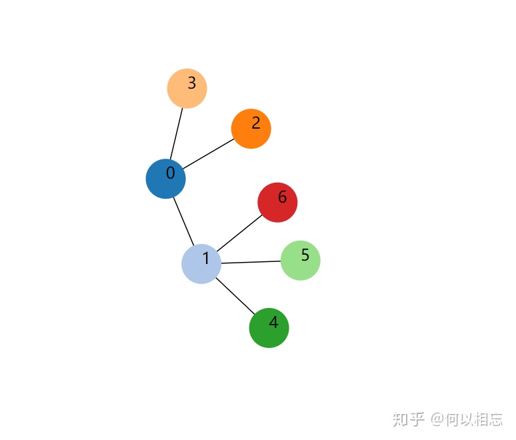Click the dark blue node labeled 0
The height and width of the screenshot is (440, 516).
pos(165,179)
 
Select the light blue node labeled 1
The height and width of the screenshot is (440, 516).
pos(201,264)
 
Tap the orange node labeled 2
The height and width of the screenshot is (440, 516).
pos(251,129)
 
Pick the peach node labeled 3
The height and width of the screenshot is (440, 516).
pos(187,88)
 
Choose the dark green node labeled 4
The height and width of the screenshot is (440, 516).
pos(269,328)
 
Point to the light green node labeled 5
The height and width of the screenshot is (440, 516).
pos(300,260)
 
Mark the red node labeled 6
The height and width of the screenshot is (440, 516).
pos(277,202)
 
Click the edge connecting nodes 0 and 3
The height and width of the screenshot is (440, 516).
pos(177,133)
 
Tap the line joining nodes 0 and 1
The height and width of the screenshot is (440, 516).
pos(183,221)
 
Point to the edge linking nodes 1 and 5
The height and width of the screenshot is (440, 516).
pos(251,262)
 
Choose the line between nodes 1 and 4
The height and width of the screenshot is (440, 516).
pos(235,296)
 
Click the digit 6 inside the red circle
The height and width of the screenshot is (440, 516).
pos(282,197)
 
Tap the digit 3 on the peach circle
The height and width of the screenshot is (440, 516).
pos(191,83)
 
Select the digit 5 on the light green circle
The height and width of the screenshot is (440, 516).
pos(305,255)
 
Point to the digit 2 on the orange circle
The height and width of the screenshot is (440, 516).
pos(255,123)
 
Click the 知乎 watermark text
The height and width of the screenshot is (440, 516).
pos(408,419)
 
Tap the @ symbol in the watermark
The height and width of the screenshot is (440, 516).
pos(437,419)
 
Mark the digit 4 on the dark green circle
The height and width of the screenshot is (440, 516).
pos(273,323)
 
